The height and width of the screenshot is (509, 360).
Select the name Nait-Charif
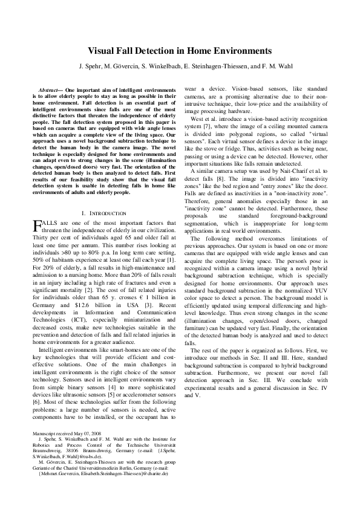(299, 172)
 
